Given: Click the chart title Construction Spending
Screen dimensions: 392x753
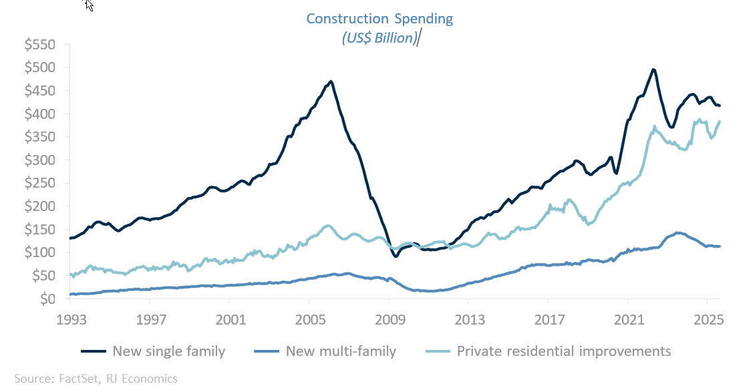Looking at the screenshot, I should (379, 19).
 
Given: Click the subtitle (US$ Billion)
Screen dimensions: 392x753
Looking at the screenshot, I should (379, 38).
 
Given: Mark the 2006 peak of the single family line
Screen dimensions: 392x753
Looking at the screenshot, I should (331, 81).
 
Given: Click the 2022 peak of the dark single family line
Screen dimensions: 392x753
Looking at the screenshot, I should (653, 69).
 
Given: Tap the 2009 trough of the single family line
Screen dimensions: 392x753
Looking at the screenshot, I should (396, 256).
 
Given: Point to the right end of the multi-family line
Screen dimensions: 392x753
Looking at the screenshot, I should (719, 246).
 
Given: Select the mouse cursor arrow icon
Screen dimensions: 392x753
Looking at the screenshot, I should (89, 5).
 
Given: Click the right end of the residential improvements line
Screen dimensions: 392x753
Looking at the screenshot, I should (719, 122).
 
